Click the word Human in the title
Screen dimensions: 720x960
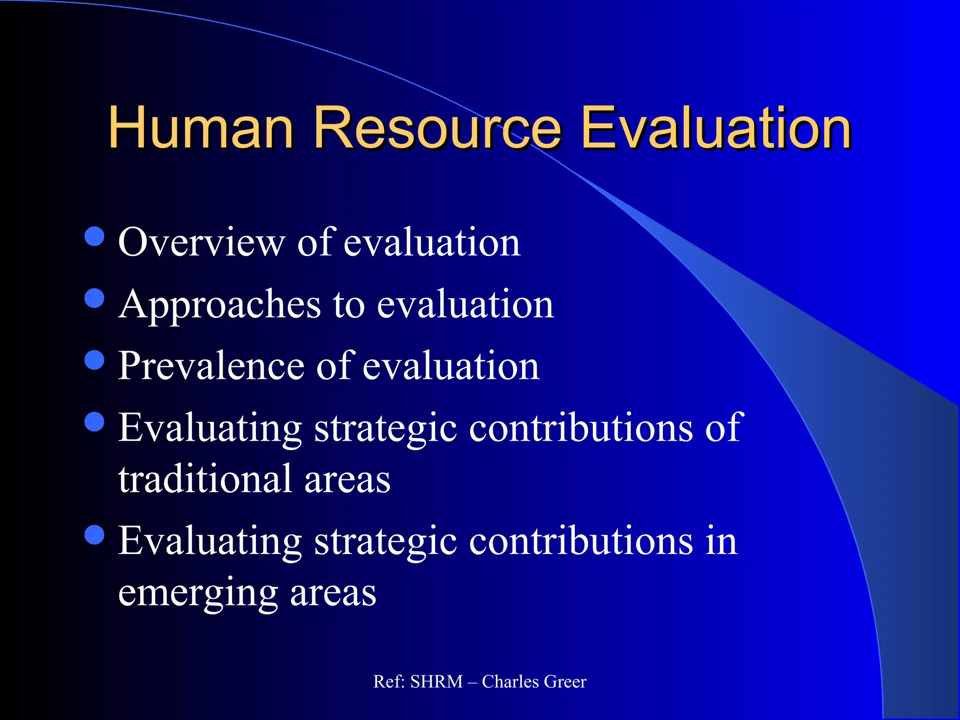201,127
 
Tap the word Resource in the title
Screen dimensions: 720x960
437,127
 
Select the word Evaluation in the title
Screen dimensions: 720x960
715,127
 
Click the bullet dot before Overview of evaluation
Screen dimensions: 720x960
95,236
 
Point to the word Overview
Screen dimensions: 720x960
201,242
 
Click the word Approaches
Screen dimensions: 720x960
219,305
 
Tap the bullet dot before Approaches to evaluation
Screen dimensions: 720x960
95,298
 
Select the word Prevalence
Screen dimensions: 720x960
211,366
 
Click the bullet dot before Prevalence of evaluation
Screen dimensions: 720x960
95,360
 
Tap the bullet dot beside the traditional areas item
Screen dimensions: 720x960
95,421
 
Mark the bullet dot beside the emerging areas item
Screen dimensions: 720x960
95,535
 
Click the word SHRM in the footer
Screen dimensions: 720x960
436,682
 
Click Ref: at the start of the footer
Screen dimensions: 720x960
389,682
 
